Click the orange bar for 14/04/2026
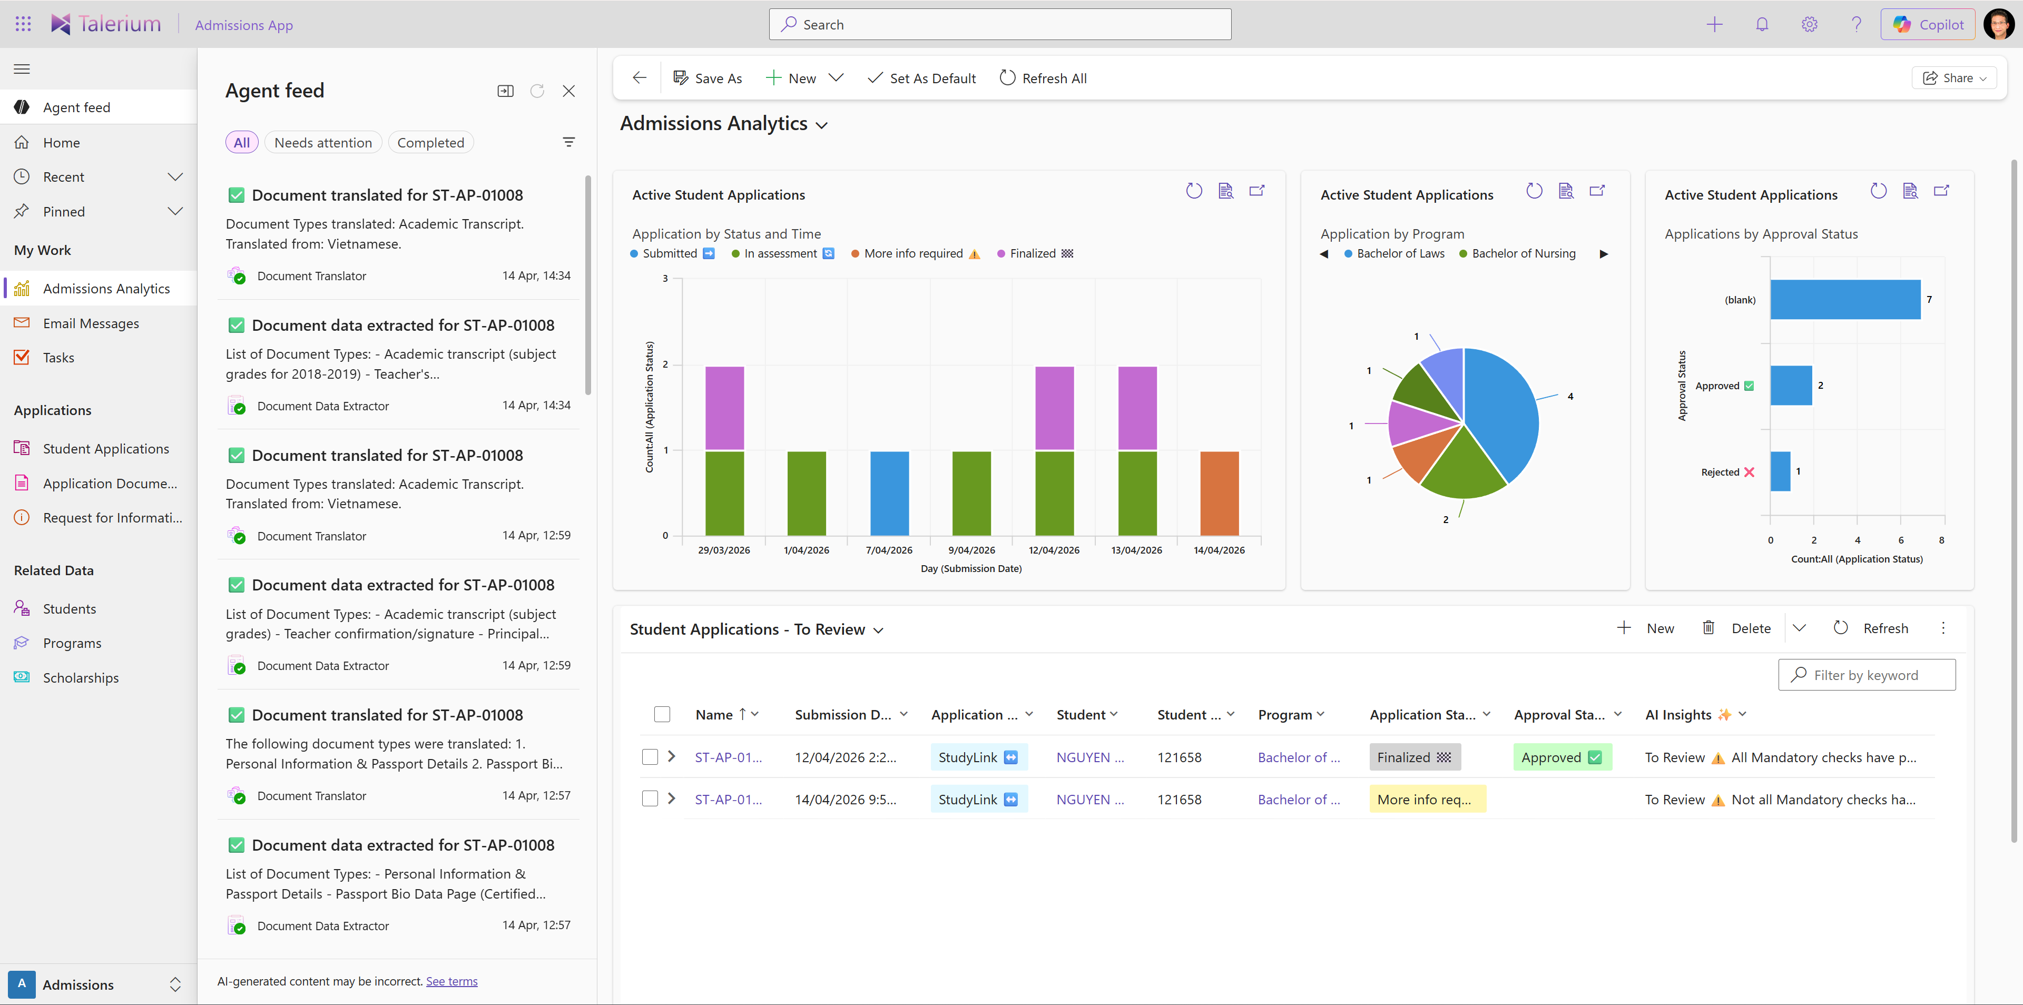click(x=1219, y=493)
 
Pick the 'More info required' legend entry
click(x=912, y=253)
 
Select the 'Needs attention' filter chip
click(x=323, y=143)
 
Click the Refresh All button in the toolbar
click(x=1043, y=78)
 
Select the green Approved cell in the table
click(x=1561, y=757)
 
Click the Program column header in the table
click(x=1285, y=714)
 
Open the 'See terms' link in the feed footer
click(x=451, y=981)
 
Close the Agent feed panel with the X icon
click(x=568, y=91)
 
